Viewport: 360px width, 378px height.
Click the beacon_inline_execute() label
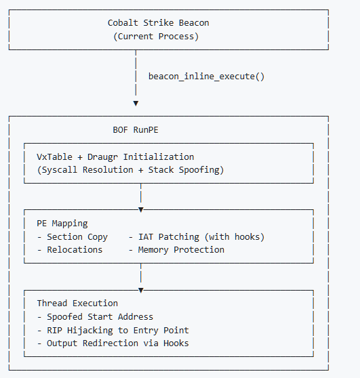(x=206, y=77)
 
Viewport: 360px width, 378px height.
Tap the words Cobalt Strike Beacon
(x=158, y=23)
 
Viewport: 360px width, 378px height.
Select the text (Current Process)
(x=156, y=37)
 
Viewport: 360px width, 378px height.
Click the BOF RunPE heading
(x=136, y=130)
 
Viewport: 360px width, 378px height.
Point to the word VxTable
(x=54, y=157)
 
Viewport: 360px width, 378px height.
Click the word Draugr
(x=102, y=157)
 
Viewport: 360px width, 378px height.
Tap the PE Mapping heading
(x=62, y=224)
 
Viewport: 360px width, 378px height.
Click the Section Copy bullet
(x=73, y=237)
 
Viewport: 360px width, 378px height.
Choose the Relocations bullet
(x=70, y=250)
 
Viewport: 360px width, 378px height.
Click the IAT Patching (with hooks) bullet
(x=197, y=237)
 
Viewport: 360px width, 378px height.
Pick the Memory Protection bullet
(x=176, y=250)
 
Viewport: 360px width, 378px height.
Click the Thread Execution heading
(x=77, y=303)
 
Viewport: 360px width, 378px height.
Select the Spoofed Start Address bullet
(x=95, y=317)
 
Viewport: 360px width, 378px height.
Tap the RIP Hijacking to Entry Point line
(x=113, y=331)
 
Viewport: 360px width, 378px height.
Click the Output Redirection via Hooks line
(x=113, y=343)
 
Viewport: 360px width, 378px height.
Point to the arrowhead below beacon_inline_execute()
(x=136, y=104)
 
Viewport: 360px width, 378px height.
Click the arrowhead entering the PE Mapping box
(x=141, y=210)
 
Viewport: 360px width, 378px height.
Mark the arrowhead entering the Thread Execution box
(x=141, y=290)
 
